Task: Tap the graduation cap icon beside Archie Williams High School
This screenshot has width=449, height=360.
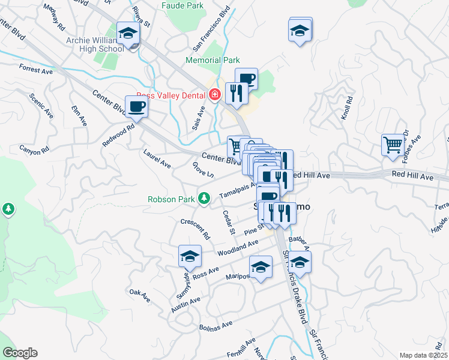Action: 128,34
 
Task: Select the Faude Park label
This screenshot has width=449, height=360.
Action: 182,6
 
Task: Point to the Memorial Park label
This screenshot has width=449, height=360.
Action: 212,61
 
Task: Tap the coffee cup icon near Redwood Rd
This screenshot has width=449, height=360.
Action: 136,107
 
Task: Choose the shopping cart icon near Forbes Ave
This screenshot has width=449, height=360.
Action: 393,144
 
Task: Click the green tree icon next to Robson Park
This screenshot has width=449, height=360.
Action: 205,197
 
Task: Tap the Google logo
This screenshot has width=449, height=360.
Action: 20,353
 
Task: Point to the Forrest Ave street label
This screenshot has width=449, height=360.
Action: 35,70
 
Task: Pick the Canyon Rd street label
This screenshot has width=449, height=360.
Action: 33,150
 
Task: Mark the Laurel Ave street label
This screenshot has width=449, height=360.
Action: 157,155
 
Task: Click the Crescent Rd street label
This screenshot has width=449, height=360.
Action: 194,228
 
